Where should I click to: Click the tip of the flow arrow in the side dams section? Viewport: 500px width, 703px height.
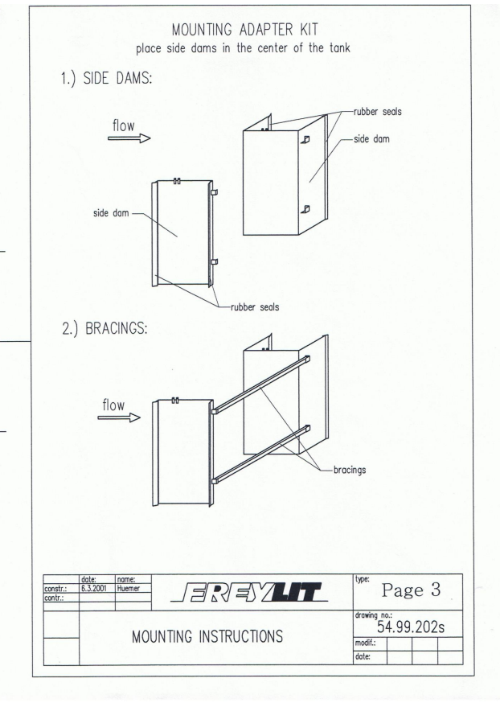[x=150, y=138]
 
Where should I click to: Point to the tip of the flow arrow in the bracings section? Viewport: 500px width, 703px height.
[x=140, y=417]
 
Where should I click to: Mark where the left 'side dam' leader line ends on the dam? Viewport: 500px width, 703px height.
[x=178, y=236]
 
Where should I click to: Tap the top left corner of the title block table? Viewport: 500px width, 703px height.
[x=43, y=575]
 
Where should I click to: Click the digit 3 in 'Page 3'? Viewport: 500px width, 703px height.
[x=436, y=590]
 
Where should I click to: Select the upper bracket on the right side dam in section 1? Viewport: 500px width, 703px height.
[x=305, y=139]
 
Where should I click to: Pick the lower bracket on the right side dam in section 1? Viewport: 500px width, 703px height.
[x=305, y=209]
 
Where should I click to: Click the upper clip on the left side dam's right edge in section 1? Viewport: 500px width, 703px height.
[x=213, y=192]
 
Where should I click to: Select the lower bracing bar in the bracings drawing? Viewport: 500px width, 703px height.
[x=260, y=454]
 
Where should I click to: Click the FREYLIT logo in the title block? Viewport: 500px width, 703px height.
[x=249, y=592]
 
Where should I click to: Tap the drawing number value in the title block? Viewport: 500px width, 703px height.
[x=411, y=627]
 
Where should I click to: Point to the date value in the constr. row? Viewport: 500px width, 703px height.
[x=93, y=588]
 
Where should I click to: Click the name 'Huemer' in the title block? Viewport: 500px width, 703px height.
[x=128, y=588]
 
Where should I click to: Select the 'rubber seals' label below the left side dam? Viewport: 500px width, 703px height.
[x=255, y=307]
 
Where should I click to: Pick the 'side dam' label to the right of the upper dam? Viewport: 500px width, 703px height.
[x=371, y=139]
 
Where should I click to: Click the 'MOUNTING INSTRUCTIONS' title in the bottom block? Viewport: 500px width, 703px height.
[x=207, y=637]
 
